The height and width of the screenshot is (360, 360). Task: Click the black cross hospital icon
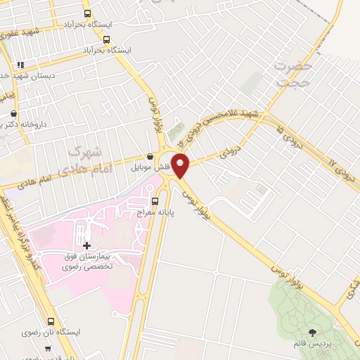point(87,245)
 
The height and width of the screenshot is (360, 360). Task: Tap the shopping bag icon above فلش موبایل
point(150,157)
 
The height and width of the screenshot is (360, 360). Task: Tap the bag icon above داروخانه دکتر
point(14,112)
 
